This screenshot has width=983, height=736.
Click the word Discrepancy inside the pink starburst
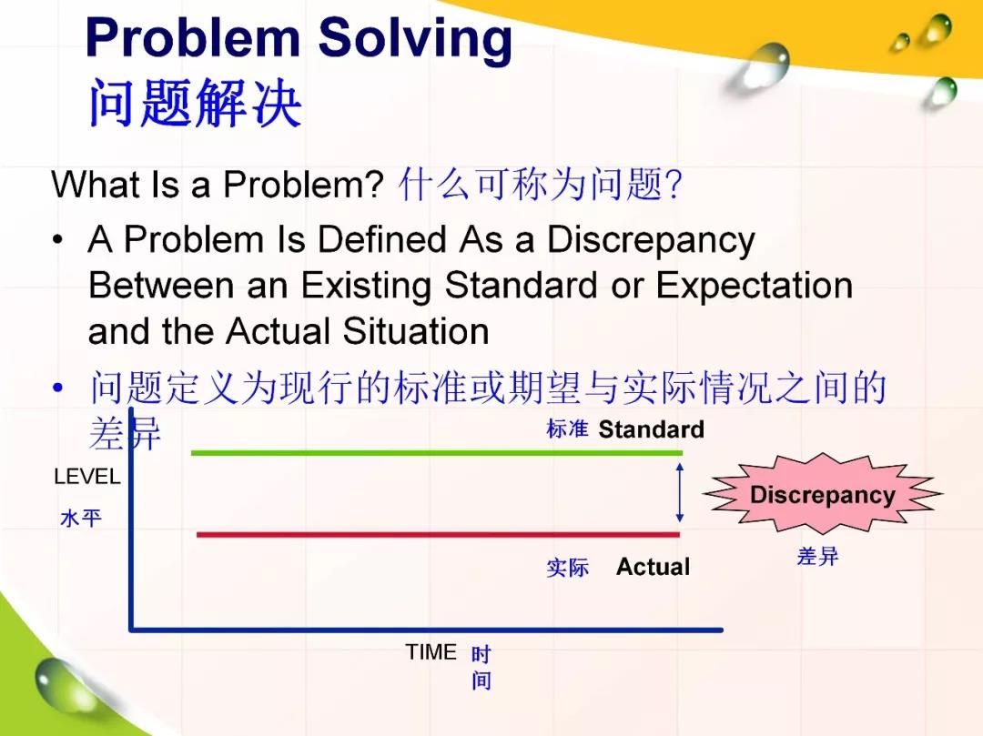[x=823, y=495]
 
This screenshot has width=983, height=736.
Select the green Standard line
[x=437, y=452]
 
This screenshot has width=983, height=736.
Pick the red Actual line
[x=438, y=534]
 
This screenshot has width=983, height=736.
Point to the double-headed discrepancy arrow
[x=680, y=493]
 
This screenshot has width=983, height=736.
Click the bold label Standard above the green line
[x=652, y=429]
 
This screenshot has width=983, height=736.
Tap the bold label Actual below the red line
[x=654, y=566]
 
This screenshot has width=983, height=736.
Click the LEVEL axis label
[x=87, y=477]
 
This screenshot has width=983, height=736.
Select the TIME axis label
[x=431, y=652]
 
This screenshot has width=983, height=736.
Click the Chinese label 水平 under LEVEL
[x=81, y=518]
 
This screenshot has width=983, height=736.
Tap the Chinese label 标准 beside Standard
[x=567, y=429]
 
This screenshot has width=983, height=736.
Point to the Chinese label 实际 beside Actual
[x=567, y=568]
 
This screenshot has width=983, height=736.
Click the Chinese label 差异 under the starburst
[x=817, y=556]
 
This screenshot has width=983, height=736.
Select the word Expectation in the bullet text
[x=755, y=286]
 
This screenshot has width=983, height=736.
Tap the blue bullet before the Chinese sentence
[x=57, y=388]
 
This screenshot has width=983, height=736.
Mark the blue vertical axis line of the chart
[x=132, y=519]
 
